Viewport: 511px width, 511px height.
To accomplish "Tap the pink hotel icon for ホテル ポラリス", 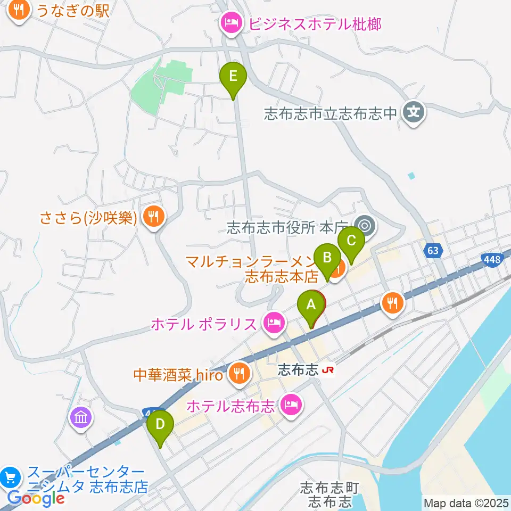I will [x=274, y=323].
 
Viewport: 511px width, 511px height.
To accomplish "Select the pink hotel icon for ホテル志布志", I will [x=291, y=406].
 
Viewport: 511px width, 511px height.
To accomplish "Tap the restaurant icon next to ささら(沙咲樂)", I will [x=153, y=216].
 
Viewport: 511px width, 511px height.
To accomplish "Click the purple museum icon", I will [x=80, y=417].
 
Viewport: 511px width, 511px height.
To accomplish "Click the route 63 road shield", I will [x=434, y=249].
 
